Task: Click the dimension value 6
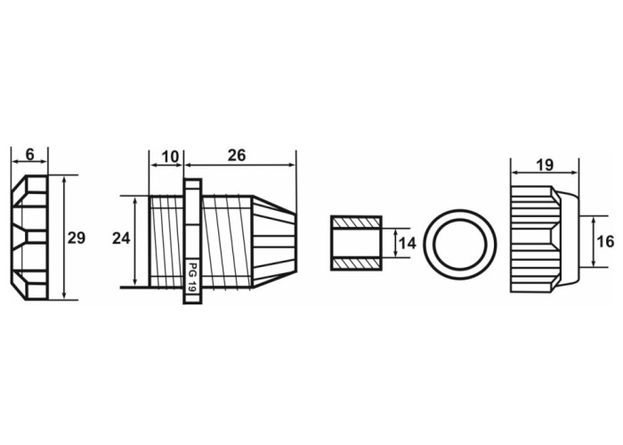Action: point(29,154)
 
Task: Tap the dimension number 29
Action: point(77,238)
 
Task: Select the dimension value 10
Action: point(171,157)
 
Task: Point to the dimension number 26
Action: point(237,156)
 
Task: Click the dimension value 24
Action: point(121,239)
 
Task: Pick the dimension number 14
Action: point(408,243)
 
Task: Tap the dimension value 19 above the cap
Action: point(545,165)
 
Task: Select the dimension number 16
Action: point(605,241)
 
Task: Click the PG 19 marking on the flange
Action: point(193,278)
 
